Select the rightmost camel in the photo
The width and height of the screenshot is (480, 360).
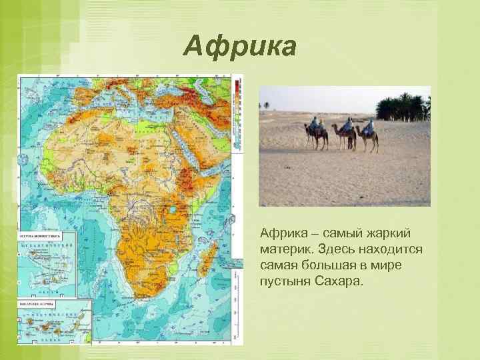pos(368,137)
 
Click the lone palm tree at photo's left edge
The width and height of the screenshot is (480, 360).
pos(267,105)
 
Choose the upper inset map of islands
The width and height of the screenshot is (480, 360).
pos(47,263)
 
